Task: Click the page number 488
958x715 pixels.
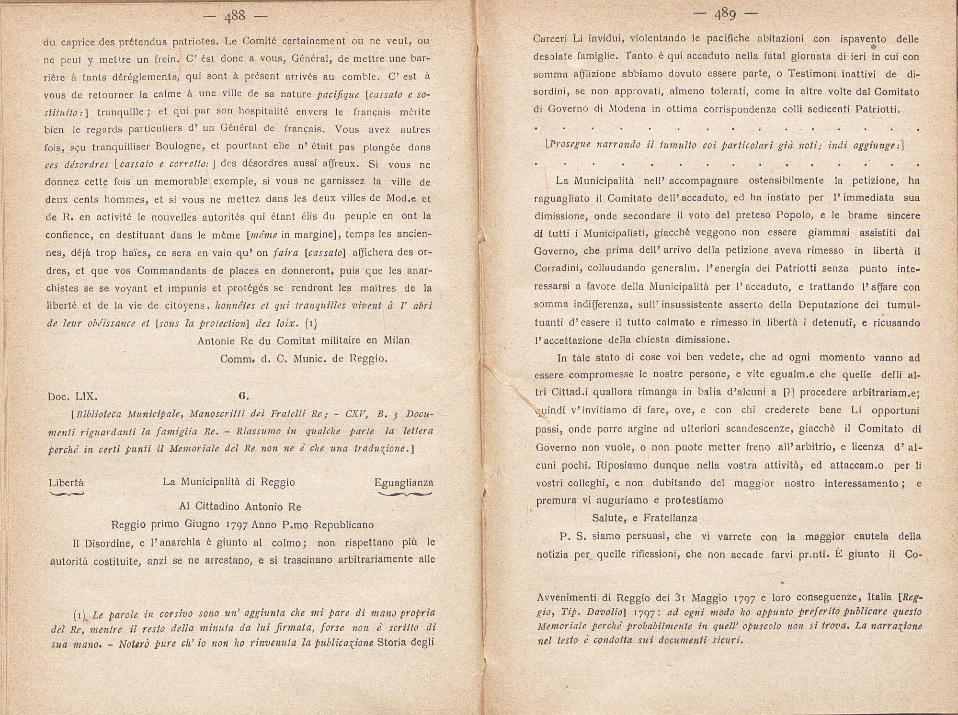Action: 235,17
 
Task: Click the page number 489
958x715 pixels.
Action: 725,15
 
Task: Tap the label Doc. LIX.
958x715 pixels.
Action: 73,397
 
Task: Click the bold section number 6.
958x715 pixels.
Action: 242,396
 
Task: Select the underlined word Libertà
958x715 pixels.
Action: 66,483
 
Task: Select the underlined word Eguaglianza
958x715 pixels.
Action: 404,483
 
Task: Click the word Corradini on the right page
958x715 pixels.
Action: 557,269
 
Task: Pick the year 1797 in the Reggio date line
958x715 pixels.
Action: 237,525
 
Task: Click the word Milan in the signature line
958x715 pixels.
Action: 396,340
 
